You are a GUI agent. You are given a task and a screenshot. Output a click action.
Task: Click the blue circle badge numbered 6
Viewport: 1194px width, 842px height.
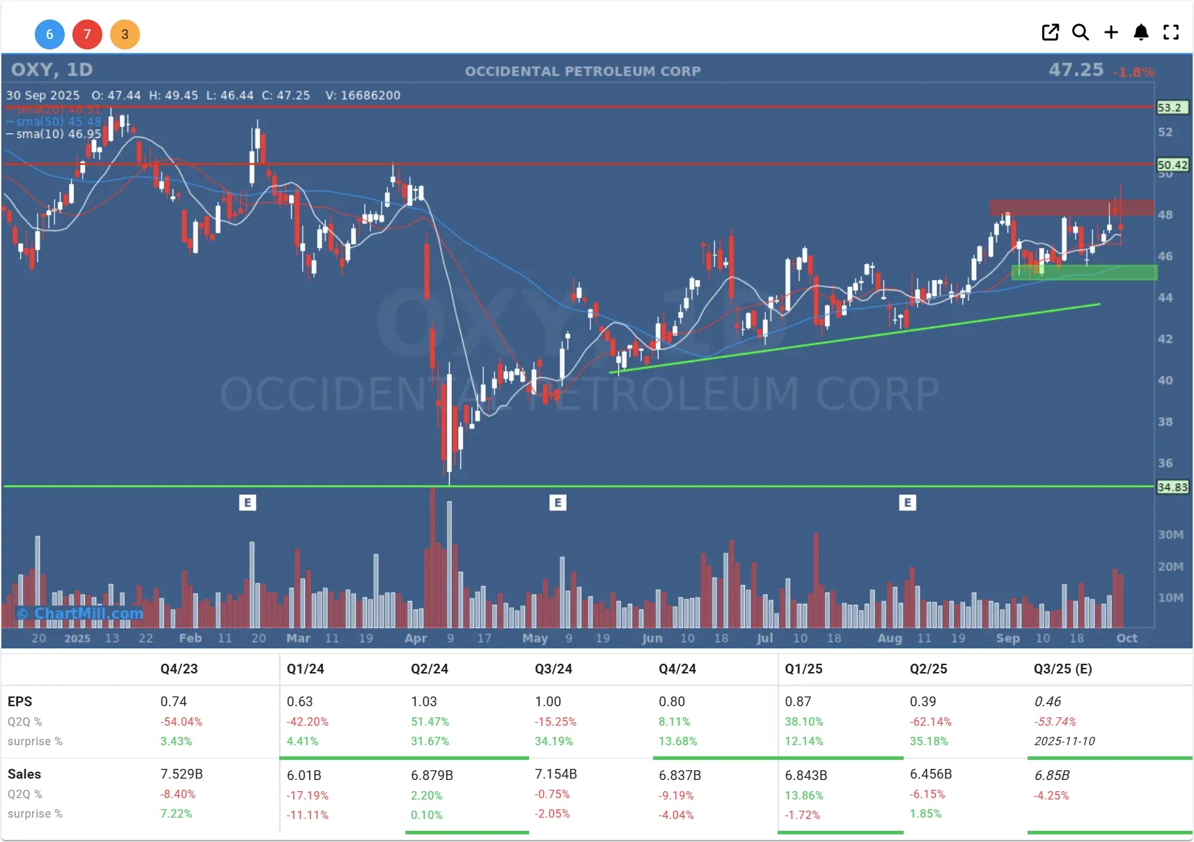pyautogui.click(x=49, y=34)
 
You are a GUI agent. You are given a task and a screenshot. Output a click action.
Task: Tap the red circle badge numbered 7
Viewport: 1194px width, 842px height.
pyautogui.click(x=87, y=34)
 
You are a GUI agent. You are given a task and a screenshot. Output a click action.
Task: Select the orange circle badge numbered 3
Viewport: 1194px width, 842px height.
pyautogui.click(x=125, y=34)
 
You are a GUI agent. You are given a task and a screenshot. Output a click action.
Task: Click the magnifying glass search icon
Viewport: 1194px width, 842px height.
pyautogui.click(x=1080, y=32)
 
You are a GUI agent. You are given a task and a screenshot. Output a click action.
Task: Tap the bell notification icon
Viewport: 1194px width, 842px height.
pyautogui.click(x=1140, y=32)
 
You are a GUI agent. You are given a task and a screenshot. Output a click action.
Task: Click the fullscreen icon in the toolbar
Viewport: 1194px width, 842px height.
pyautogui.click(x=1171, y=32)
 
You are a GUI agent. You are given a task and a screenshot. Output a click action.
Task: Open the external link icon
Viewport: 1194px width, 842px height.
pyautogui.click(x=1050, y=32)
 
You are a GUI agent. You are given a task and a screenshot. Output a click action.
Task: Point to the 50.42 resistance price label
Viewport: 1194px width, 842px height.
pyautogui.click(x=1172, y=165)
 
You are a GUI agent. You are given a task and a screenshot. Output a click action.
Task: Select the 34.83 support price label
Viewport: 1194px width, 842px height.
pyautogui.click(x=1172, y=487)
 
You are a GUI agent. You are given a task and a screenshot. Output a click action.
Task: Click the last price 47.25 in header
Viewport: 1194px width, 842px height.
pyautogui.click(x=1076, y=70)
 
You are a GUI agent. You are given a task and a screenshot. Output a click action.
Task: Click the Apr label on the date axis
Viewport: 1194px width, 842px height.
pyautogui.click(x=416, y=638)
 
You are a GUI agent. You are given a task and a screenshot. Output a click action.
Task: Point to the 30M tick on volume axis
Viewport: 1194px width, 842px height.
pyautogui.click(x=1170, y=535)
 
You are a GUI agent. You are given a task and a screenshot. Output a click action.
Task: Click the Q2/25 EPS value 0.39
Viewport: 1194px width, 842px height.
pyautogui.click(x=922, y=701)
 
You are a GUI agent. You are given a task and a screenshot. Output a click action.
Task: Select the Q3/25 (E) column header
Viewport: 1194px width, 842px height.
pyautogui.click(x=1062, y=669)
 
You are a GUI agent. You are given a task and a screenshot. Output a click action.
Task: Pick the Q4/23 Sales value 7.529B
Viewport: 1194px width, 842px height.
pyautogui.click(x=182, y=774)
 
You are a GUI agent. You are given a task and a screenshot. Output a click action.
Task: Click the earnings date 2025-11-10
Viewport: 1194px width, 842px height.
pyautogui.click(x=1065, y=741)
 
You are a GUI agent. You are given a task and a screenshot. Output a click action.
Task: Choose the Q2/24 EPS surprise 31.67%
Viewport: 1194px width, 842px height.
pyautogui.click(x=430, y=741)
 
